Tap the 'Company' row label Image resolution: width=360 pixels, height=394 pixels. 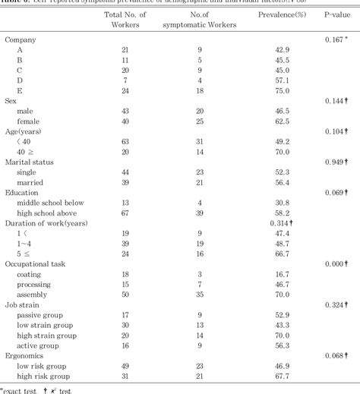click(x=21, y=39)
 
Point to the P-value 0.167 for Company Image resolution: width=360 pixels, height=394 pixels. click(x=335, y=39)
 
